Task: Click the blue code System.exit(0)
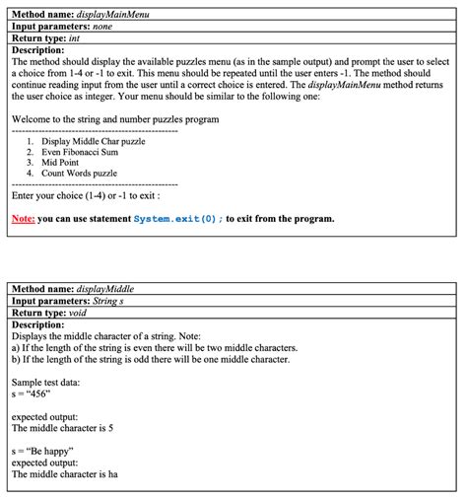(177, 218)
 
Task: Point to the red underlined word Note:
(23, 218)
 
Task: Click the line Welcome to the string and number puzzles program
(114, 119)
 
